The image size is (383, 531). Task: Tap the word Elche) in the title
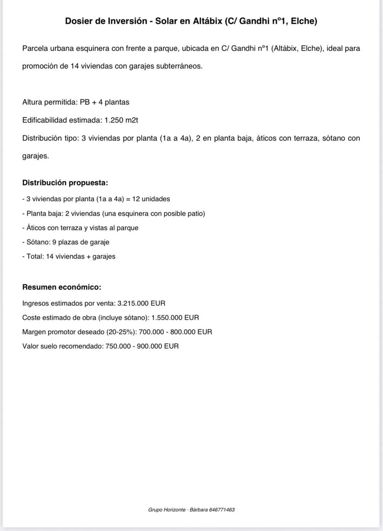coord(304,21)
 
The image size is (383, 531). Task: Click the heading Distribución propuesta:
coord(65,183)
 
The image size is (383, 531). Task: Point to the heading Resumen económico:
coord(62,287)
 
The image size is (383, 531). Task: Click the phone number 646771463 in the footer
coord(222,510)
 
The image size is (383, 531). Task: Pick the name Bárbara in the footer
coord(199,510)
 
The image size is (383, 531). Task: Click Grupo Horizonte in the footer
coord(167,510)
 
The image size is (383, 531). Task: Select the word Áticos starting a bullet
coord(36,228)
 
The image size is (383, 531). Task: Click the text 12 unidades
coord(151,199)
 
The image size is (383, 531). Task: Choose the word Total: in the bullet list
coord(35,256)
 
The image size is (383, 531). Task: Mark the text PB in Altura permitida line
coord(85,102)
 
